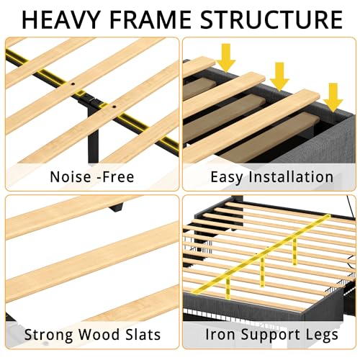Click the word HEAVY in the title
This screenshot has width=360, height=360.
60,19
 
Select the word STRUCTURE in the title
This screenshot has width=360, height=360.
271,19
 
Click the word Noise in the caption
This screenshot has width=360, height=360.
71,177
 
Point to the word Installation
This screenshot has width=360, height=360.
291,177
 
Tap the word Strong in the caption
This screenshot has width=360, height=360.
49,335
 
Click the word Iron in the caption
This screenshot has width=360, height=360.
220,334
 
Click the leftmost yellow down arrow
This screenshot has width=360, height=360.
225,58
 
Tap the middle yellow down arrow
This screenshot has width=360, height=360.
279,77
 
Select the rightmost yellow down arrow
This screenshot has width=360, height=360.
333,97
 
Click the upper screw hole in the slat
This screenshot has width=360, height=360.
73,84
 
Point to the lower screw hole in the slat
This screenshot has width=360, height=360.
114,107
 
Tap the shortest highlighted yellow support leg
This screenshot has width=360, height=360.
294,251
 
